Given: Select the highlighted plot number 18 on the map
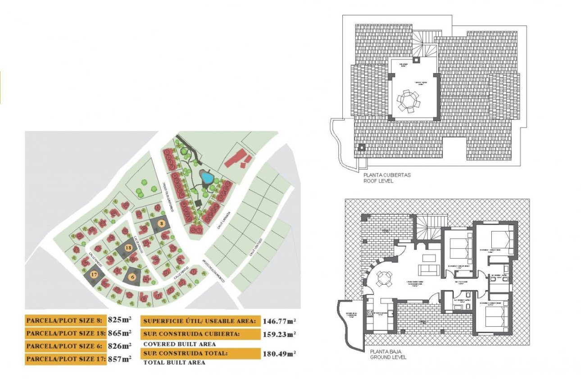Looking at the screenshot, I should (128, 248).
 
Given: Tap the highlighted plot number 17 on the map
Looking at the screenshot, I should (94, 274).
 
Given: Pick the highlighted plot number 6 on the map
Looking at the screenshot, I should (132, 277).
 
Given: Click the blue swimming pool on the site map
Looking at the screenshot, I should (207, 178).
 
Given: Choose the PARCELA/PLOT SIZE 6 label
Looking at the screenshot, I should (65, 347).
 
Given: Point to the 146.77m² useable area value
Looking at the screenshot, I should (279, 321).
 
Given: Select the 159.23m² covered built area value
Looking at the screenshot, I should (279, 334).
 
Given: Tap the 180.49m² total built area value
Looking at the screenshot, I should (279, 354).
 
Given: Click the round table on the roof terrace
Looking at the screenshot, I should (409, 101).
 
